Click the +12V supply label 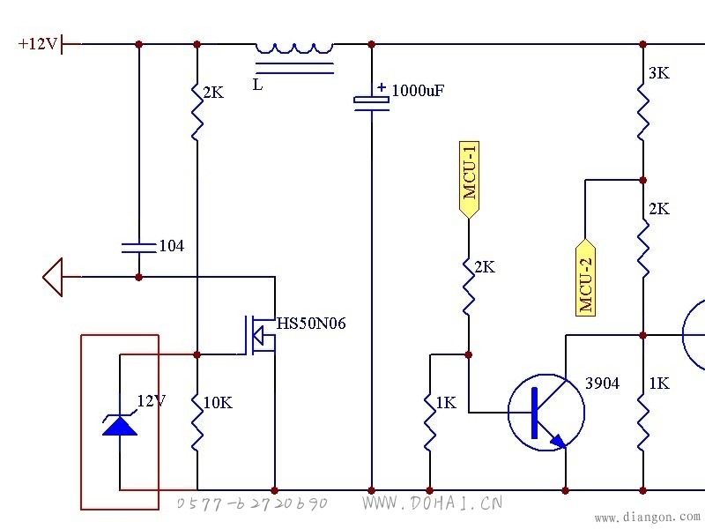point(38,44)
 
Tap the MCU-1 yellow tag point(469,180)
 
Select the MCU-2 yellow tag point(585,278)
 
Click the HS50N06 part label point(311,324)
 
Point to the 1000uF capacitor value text point(418,91)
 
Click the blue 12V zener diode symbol point(120,424)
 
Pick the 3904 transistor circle point(546,413)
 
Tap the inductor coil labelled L point(294,48)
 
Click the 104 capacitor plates point(139,248)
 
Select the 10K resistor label point(218,403)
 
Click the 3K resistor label point(659,73)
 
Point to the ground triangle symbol point(53,277)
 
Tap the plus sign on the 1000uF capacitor point(382,87)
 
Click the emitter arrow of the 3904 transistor point(558,440)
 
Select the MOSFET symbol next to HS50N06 point(260,335)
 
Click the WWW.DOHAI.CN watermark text point(432,503)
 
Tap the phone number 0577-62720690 point(252,503)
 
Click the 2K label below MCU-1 point(485,267)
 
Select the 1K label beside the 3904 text point(659,384)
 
